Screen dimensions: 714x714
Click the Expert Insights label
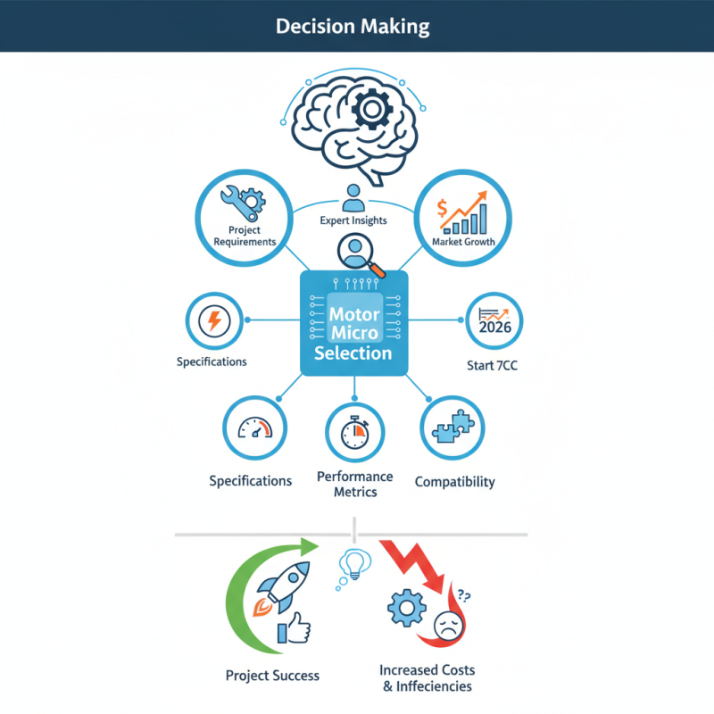click(353, 220)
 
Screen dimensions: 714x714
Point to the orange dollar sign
click(443, 210)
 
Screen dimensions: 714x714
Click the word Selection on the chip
click(353, 353)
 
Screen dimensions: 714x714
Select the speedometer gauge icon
click(254, 428)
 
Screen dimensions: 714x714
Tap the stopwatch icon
click(354, 433)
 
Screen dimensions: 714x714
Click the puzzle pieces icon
click(452, 427)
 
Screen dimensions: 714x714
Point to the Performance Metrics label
click(354, 485)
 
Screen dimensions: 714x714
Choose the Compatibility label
click(454, 482)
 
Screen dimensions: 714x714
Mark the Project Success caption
click(272, 675)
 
